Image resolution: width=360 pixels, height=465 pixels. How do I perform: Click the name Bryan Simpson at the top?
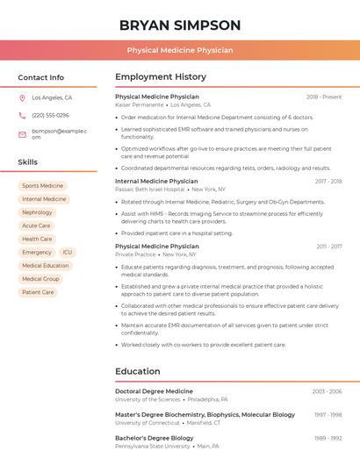coord(179,25)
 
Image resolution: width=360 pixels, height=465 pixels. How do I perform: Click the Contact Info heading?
coord(40,77)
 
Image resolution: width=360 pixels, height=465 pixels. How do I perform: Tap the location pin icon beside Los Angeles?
coord(22,98)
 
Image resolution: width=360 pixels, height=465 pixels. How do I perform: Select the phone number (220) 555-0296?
coord(50,115)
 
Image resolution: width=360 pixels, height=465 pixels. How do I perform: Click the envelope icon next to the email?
coord(22,134)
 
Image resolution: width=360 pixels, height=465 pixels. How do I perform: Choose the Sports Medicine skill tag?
coord(42,186)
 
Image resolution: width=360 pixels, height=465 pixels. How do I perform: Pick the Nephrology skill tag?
coord(37,212)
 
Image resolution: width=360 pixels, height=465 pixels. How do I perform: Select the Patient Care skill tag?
coord(38,292)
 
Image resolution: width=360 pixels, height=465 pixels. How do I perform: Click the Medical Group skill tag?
coord(40,279)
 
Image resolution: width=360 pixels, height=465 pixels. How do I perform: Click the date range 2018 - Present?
coord(324,97)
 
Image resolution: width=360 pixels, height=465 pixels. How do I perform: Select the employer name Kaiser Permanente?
coord(139,104)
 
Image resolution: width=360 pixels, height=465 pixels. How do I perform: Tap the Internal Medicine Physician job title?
coord(157,181)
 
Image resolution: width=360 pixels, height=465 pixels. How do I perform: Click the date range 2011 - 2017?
coord(329,247)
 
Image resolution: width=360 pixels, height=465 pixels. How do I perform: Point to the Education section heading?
coord(137,371)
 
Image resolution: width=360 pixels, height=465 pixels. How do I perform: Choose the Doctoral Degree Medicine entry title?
coord(154,391)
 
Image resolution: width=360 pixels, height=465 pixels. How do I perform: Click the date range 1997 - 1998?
coord(328,415)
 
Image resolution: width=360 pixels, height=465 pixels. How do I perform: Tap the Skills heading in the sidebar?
coord(28,162)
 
